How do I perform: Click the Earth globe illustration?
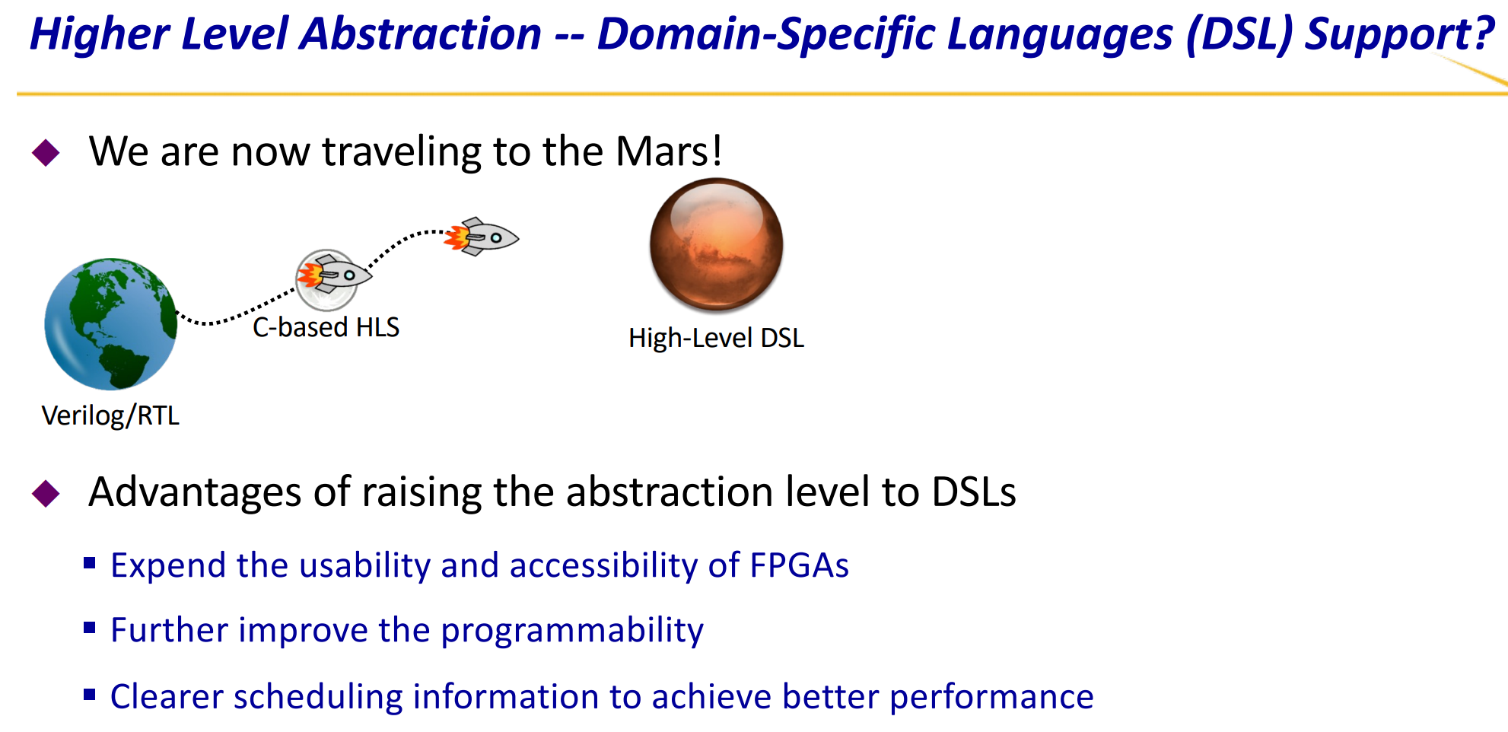click(111, 324)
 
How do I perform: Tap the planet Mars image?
click(716, 244)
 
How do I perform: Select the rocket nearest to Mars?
click(482, 237)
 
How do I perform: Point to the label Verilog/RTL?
click(110, 416)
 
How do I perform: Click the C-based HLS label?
click(326, 327)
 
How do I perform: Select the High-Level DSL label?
click(716, 338)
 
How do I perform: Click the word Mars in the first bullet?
click(659, 151)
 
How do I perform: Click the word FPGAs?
click(799, 565)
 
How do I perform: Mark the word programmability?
click(572, 631)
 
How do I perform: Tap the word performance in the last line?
click(991, 698)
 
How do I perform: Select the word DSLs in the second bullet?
click(974, 492)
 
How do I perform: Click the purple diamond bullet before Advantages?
click(46, 493)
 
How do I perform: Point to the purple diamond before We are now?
click(46, 152)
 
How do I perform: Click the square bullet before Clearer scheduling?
click(90, 694)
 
